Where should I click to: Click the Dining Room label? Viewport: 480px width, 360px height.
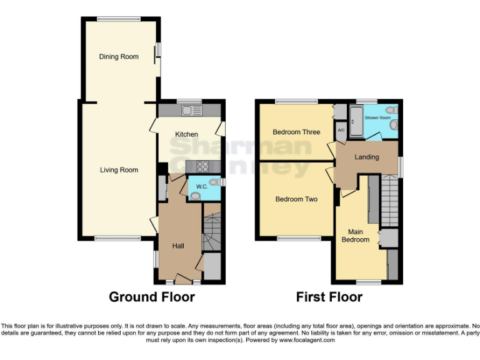[119, 57]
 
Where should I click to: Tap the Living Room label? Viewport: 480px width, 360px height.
[119, 170]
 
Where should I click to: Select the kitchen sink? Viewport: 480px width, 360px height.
[190, 111]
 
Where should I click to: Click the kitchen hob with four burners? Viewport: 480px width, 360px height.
[204, 166]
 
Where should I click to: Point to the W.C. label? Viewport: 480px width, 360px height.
[201, 186]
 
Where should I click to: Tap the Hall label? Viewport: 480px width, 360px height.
[178, 246]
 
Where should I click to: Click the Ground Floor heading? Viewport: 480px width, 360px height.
[152, 297]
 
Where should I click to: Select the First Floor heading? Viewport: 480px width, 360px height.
[329, 297]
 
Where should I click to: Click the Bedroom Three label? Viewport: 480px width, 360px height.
[296, 132]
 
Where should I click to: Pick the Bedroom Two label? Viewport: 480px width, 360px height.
[296, 199]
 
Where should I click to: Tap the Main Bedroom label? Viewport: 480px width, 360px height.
[354, 236]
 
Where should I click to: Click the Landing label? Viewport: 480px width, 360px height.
[367, 157]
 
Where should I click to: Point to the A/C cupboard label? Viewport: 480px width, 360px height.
[341, 130]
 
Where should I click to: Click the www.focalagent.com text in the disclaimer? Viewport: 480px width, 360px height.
[307, 341]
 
